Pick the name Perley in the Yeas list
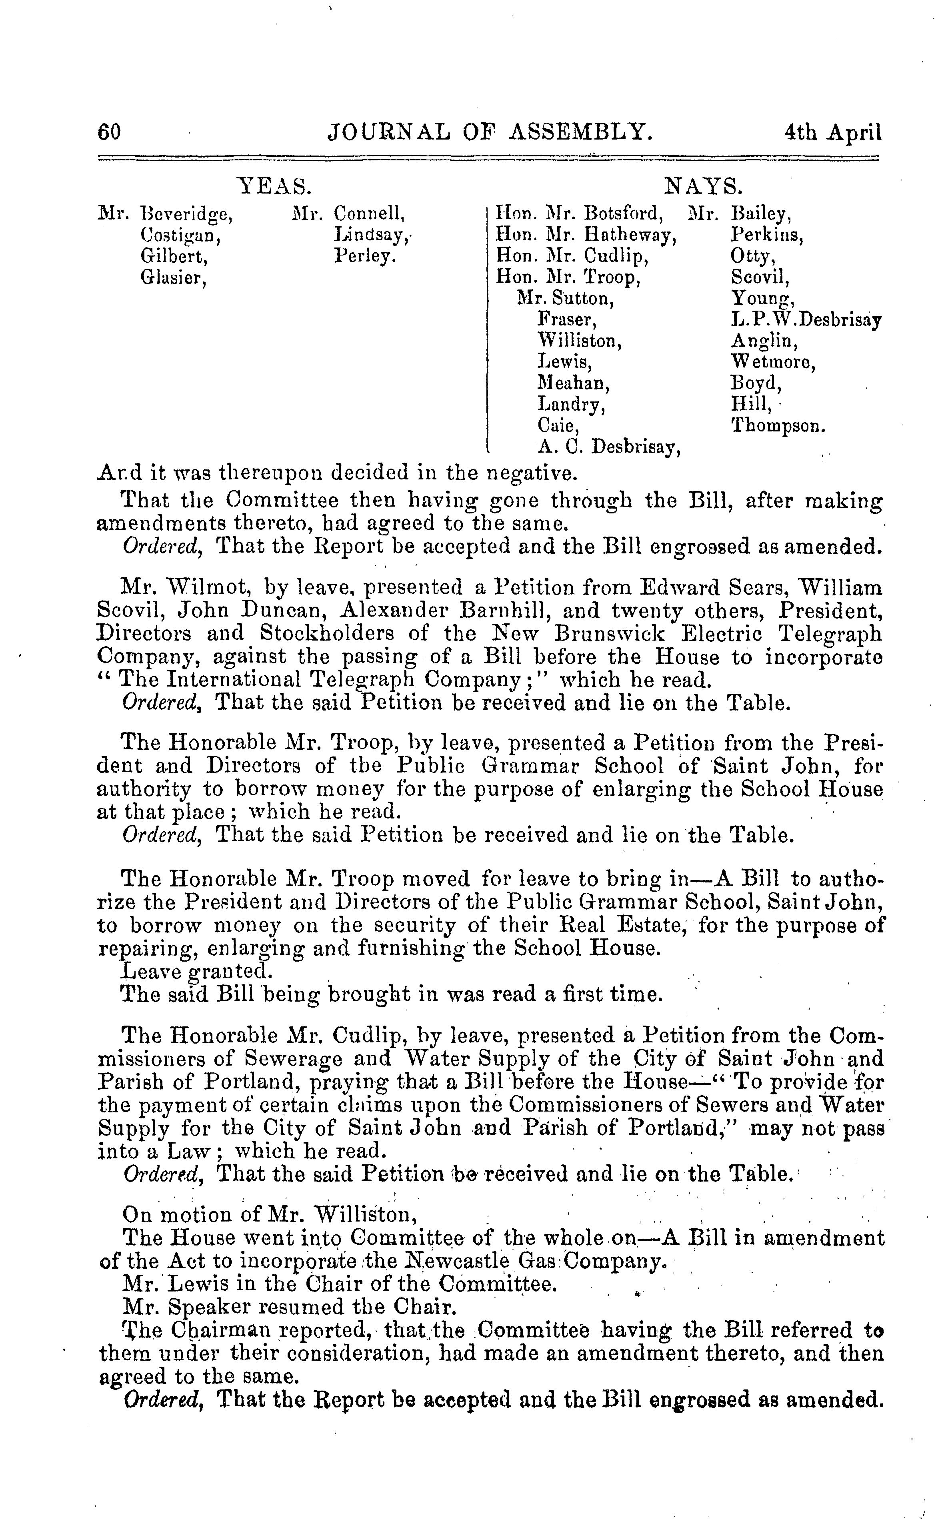pos(365,256)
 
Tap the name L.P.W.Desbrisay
pos(806,320)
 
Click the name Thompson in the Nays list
pos(778,426)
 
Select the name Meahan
pos(573,383)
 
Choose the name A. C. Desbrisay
pos(609,446)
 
